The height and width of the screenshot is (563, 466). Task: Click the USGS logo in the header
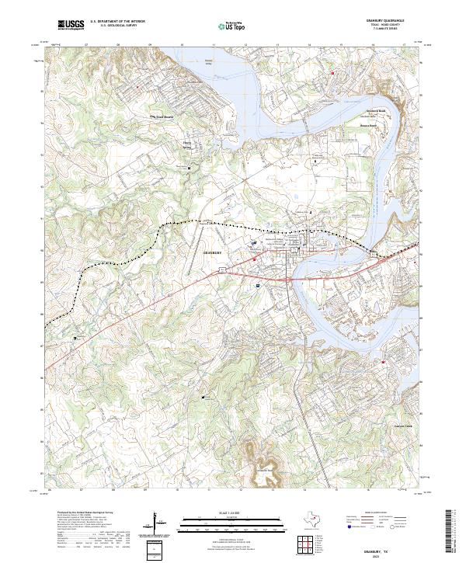pyautogui.click(x=70, y=25)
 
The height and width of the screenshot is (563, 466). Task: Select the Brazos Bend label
pyautogui.click(x=367, y=124)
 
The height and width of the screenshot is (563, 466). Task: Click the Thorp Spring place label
pyautogui.click(x=186, y=143)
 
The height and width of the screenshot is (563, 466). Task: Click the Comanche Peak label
pyautogui.click(x=264, y=469)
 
